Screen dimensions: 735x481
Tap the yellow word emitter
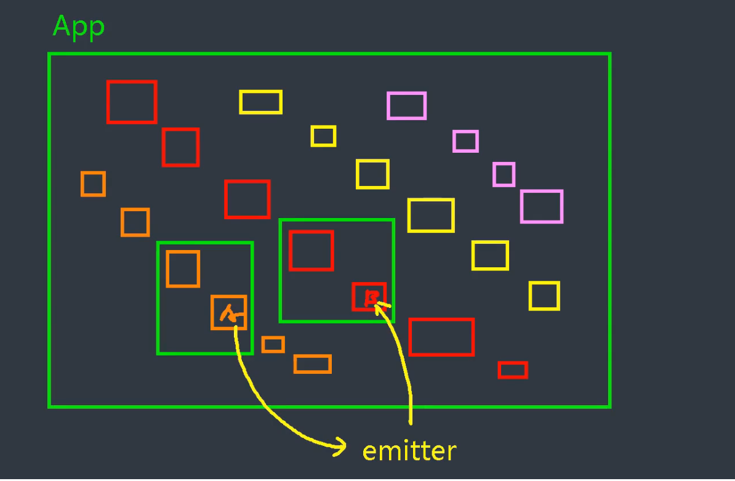[x=409, y=451]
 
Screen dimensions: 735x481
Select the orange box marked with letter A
[x=228, y=312]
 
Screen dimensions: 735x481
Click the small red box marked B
[x=369, y=296]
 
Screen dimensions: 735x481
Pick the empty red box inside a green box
[x=311, y=251]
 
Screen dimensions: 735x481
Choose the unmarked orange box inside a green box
[x=183, y=269]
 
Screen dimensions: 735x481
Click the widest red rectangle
[x=441, y=337]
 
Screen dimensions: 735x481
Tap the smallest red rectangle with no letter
[x=513, y=370]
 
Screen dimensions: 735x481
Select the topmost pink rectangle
[x=406, y=105]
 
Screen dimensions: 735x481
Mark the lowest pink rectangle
[x=542, y=206]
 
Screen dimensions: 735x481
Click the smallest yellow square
[x=323, y=136]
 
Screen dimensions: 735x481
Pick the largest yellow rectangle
[x=431, y=215]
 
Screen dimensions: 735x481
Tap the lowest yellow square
[x=544, y=296]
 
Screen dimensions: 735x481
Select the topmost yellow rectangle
[x=261, y=102]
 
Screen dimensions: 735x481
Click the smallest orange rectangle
[x=273, y=344]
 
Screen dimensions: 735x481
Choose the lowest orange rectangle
[x=313, y=364]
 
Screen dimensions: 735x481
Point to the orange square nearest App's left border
[x=93, y=184]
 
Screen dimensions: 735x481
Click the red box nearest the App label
[x=132, y=102]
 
